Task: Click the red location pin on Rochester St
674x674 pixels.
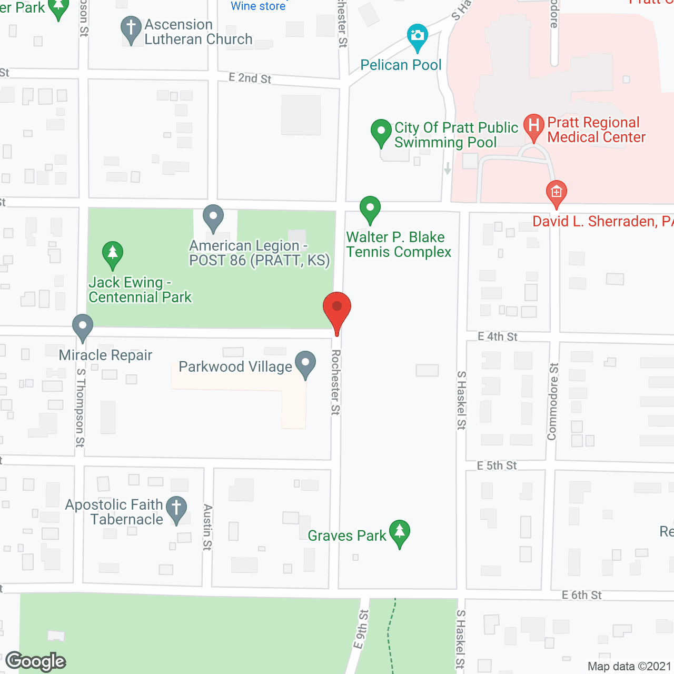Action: (x=337, y=309)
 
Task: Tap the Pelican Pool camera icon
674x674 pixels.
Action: (x=418, y=36)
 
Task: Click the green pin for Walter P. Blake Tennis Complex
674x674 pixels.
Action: (x=370, y=208)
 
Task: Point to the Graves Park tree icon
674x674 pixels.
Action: (x=400, y=532)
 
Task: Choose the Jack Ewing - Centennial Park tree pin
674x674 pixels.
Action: (x=113, y=253)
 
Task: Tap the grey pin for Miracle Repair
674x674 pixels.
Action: (x=83, y=326)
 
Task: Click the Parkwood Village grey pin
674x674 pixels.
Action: (x=305, y=363)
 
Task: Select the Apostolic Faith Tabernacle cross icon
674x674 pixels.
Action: (x=176, y=509)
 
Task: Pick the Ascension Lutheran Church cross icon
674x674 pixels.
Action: (x=131, y=28)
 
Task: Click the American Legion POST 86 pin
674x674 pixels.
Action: (x=213, y=216)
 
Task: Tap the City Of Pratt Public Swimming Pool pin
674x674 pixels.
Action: (x=381, y=132)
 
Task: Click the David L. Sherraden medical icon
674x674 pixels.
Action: (x=556, y=192)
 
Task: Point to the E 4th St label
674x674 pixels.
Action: (x=498, y=336)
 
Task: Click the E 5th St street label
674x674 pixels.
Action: (x=497, y=465)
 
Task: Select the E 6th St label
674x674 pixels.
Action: (x=581, y=595)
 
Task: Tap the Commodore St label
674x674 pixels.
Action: (x=552, y=401)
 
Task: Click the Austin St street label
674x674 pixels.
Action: (x=207, y=527)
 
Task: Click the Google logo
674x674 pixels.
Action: (x=36, y=661)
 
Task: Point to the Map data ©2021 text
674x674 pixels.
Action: (x=629, y=666)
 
